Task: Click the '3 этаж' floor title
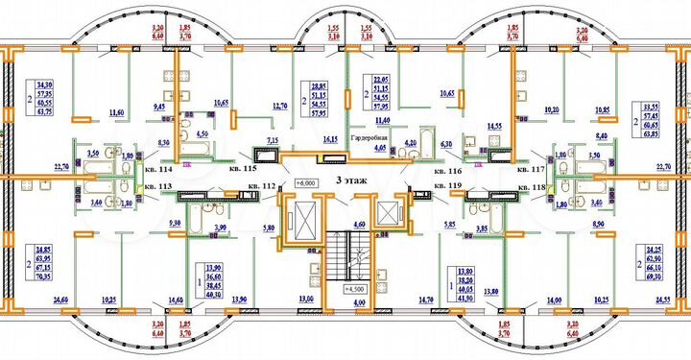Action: click(x=350, y=180)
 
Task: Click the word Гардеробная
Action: click(x=368, y=137)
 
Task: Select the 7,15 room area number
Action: click(x=272, y=141)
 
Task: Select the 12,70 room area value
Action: click(x=280, y=106)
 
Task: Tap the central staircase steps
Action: click(x=349, y=254)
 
